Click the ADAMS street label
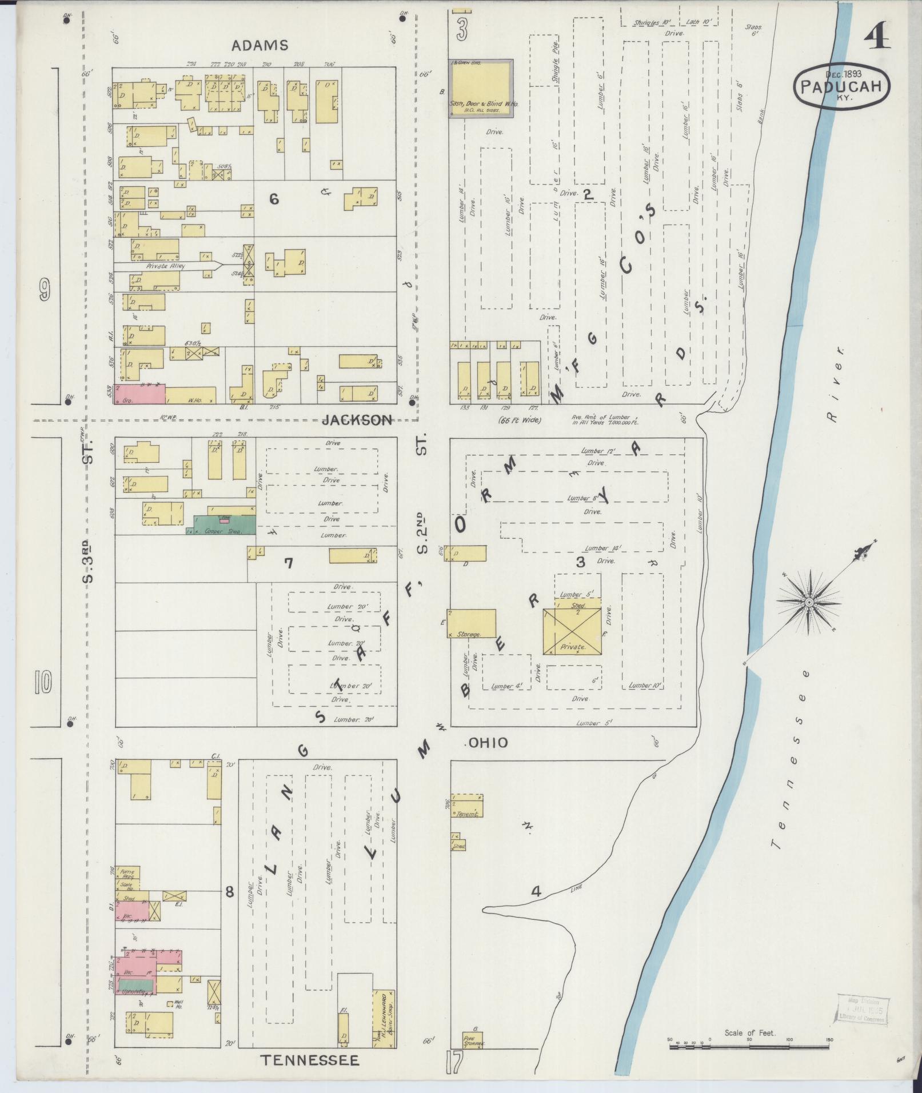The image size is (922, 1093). tap(260, 45)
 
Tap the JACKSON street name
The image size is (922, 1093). tap(357, 421)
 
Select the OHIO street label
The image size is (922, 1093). tap(488, 742)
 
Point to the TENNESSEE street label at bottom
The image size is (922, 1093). tap(310, 1060)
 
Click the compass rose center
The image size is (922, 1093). tap(809, 603)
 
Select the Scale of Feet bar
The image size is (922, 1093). tap(749, 1047)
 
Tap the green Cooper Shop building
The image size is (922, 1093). tap(223, 525)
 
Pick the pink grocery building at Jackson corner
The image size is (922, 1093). tap(140, 394)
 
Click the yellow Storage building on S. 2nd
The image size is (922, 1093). tap(472, 623)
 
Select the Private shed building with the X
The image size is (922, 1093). tap(572, 631)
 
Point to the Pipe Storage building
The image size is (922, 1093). tap(473, 1040)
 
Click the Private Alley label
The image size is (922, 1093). tap(166, 266)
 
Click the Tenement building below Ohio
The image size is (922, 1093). tap(468, 806)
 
